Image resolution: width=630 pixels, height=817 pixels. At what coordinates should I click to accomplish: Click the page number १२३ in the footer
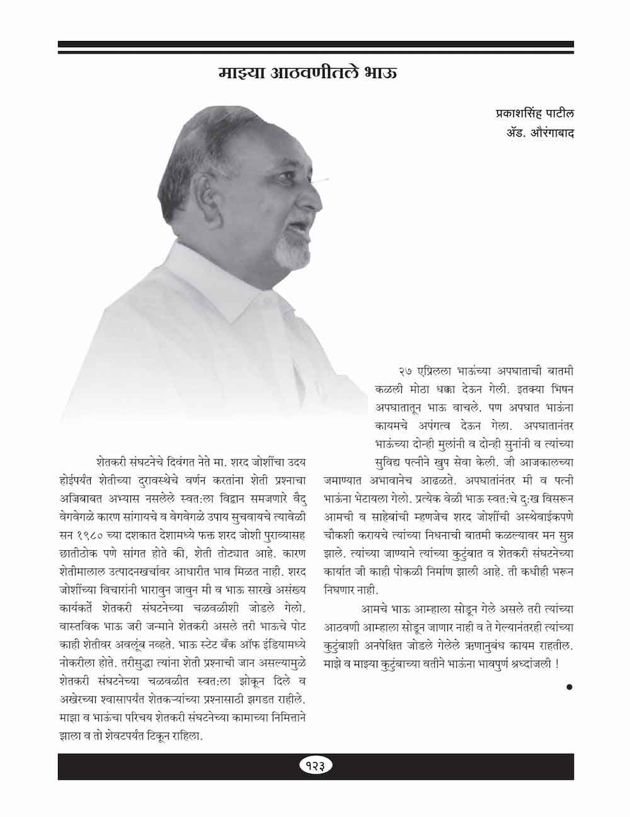coord(315,766)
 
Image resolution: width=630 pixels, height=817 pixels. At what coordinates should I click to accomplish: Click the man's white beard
coord(290,250)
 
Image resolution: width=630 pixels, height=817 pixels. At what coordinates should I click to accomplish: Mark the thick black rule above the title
coord(315,45)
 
